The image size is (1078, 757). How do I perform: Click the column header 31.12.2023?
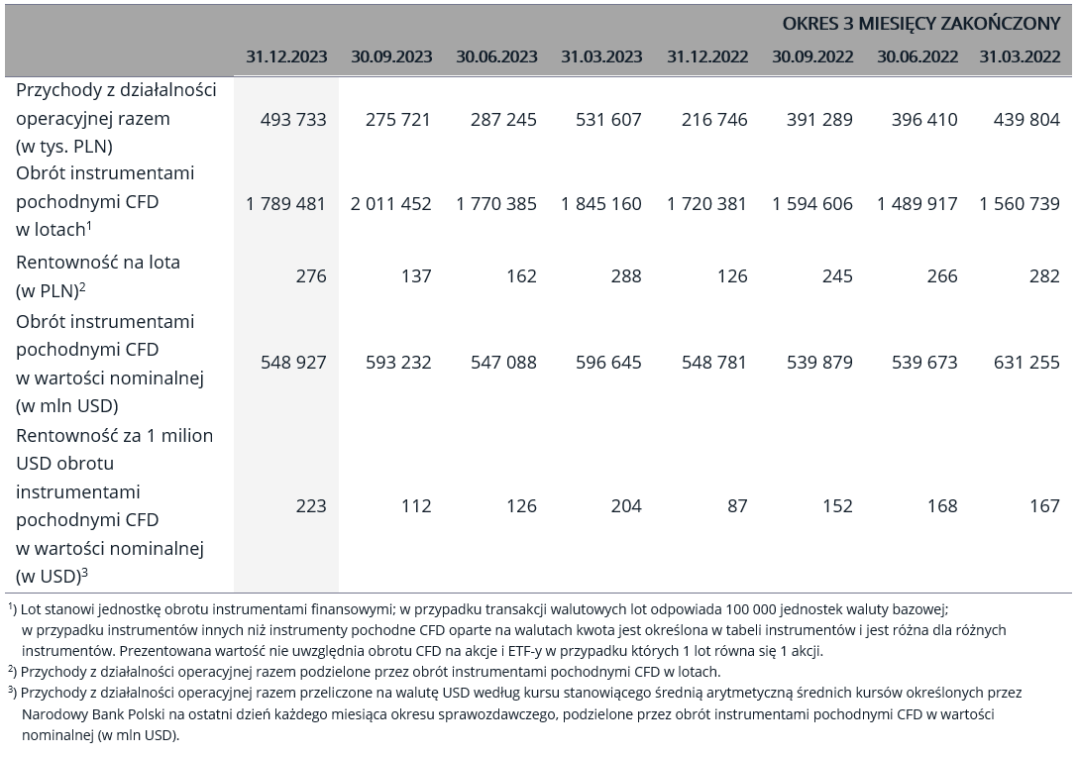(x=286, y=56)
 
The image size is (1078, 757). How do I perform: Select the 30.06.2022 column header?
(x=917, y=56)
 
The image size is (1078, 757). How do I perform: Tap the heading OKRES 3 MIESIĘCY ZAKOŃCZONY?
(x=921, y=24)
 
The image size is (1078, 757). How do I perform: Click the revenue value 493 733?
(x=293, y=120)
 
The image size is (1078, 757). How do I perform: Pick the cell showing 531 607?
(x=608, y=120)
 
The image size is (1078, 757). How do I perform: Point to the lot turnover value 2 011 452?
(x=391, y=203)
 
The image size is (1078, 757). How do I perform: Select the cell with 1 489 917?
(x=917, y=203)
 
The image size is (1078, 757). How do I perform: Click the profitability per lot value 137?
(x=416, y=275)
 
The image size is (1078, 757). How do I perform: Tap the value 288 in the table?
(x=626, y=275)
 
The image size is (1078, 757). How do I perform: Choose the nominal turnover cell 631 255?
(x=1027, y=362)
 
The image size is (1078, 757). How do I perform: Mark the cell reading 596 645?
(x=608, y=362)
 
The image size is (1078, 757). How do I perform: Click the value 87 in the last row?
(x=737, y=506)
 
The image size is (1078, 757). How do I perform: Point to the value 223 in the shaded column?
(x=311, y=506)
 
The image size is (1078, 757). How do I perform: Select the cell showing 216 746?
(x=714, y=120)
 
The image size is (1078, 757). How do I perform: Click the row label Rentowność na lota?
(x=98, y=262)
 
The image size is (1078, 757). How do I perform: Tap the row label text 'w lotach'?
(x=51, y=229)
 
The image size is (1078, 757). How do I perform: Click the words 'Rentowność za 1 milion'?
(x=114, y=435)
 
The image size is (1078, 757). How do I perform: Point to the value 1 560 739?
(x=1021, y=203)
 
